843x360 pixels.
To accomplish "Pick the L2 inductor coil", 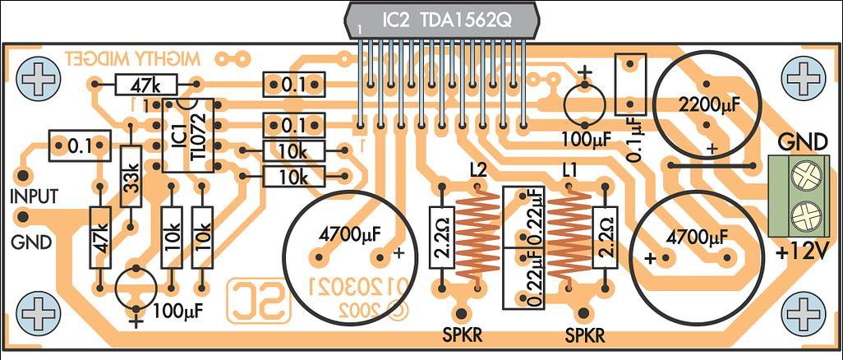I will click(476, 233).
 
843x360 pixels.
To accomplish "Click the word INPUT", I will click(33, 197).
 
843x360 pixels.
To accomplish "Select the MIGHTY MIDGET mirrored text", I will click(132, 59).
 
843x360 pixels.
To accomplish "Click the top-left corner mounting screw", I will click(39, 80).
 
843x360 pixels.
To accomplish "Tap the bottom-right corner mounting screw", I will click(803, 312).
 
